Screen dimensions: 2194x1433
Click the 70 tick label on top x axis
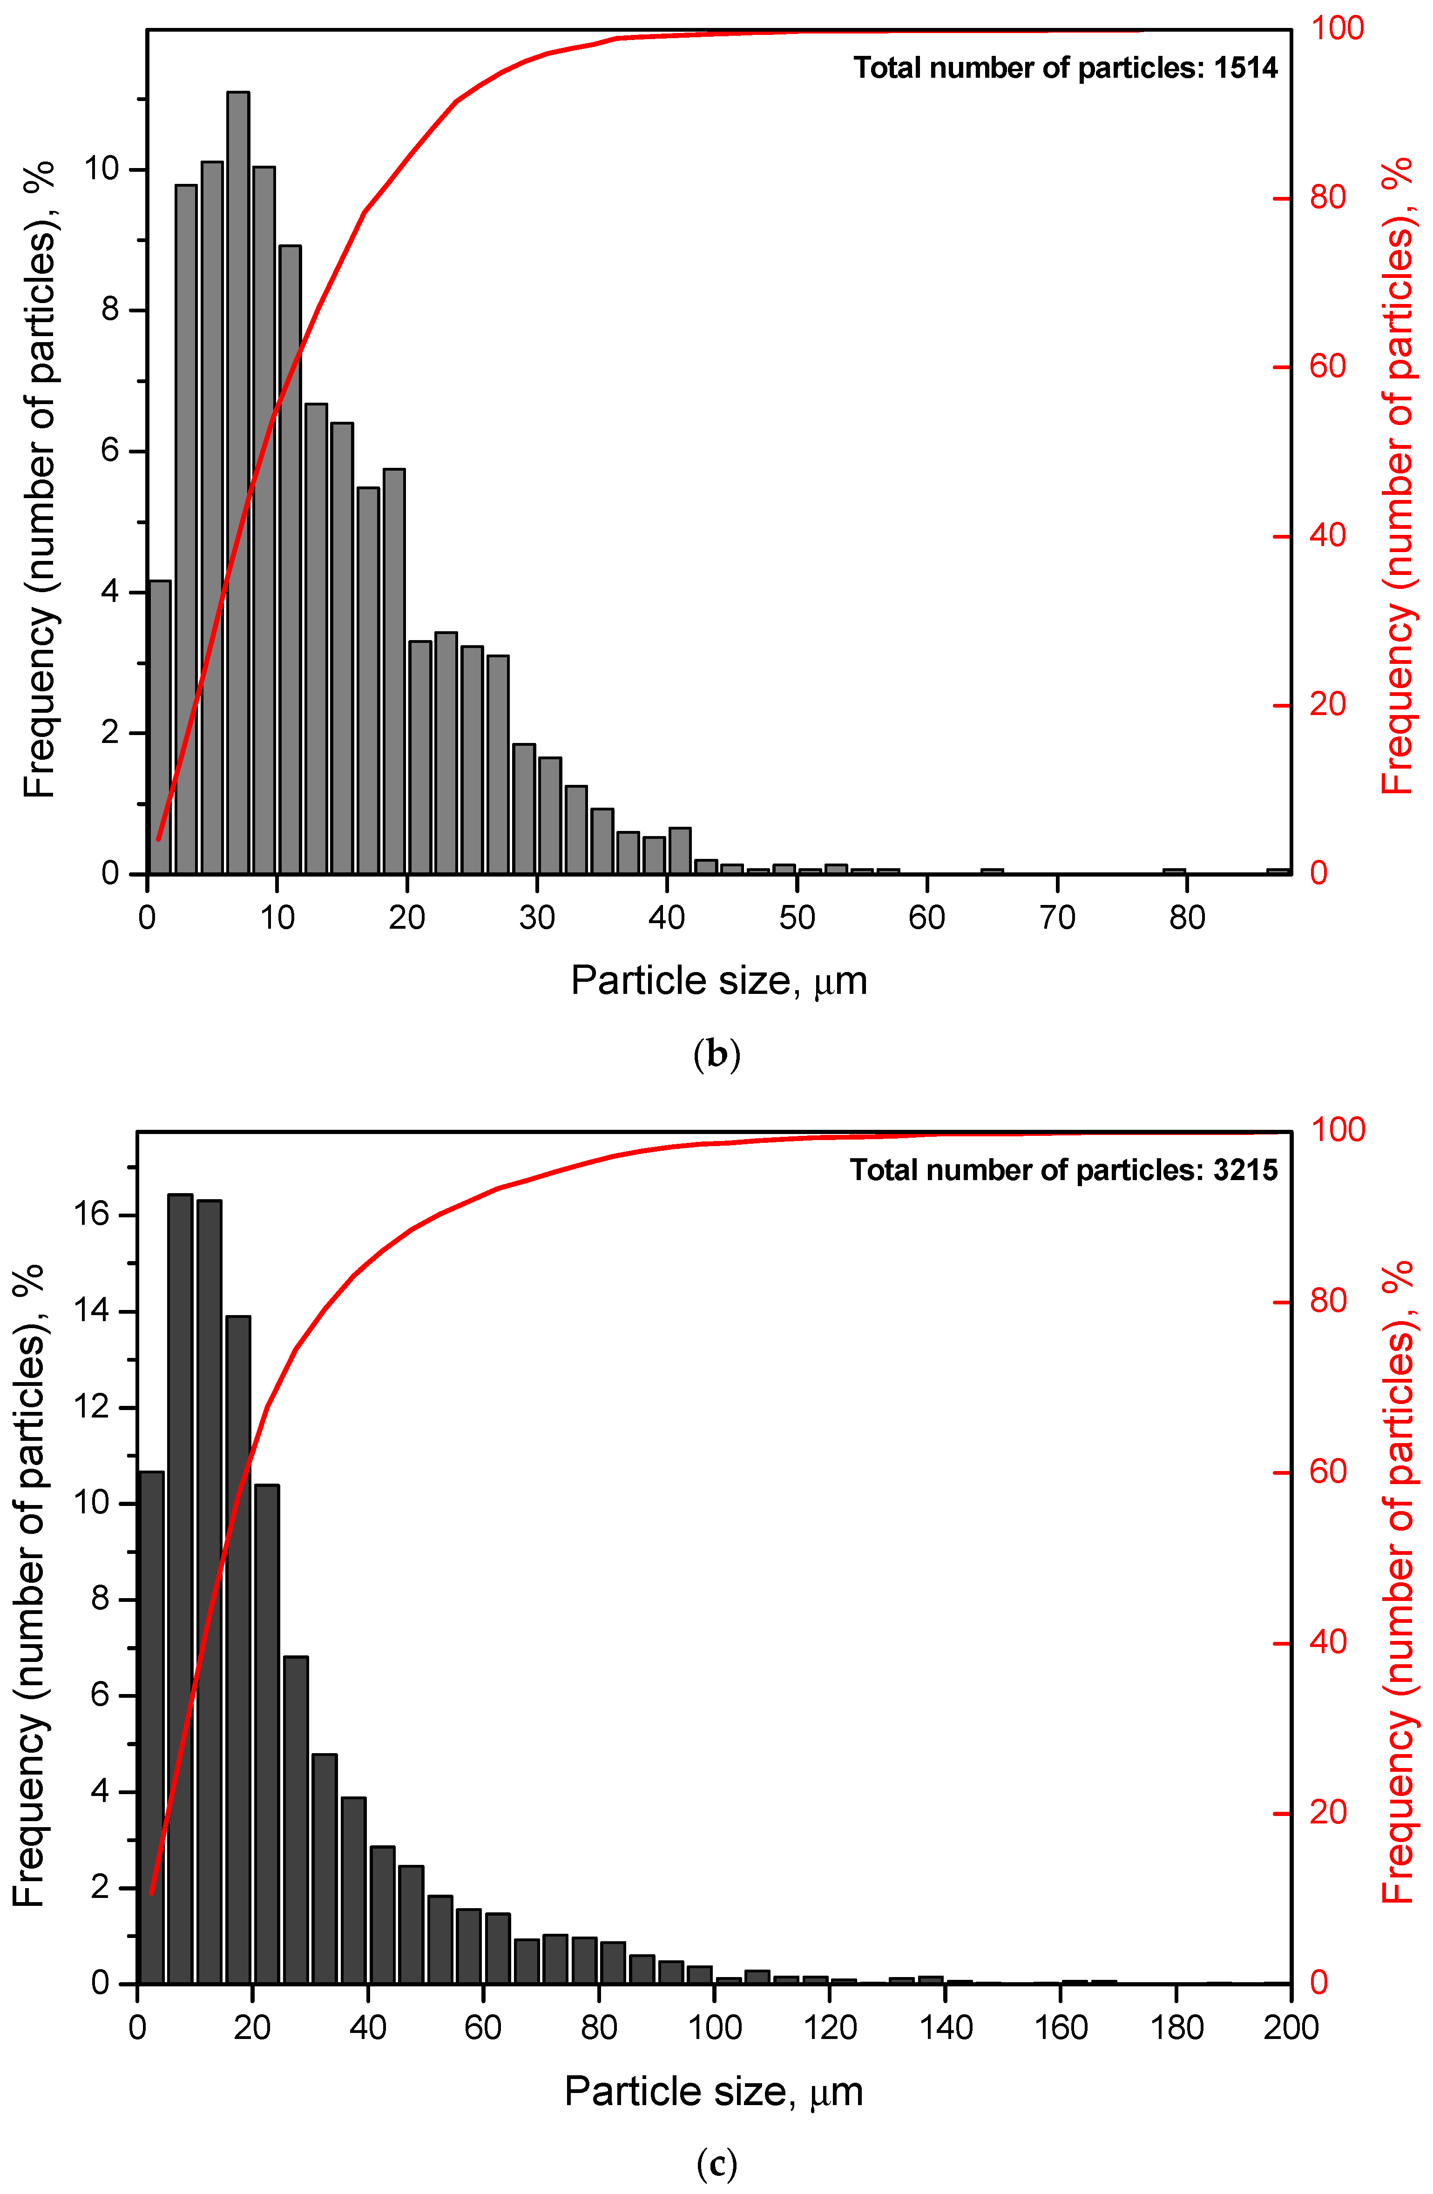[1057, 918]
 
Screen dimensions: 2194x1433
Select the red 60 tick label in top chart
[1328, 367]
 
